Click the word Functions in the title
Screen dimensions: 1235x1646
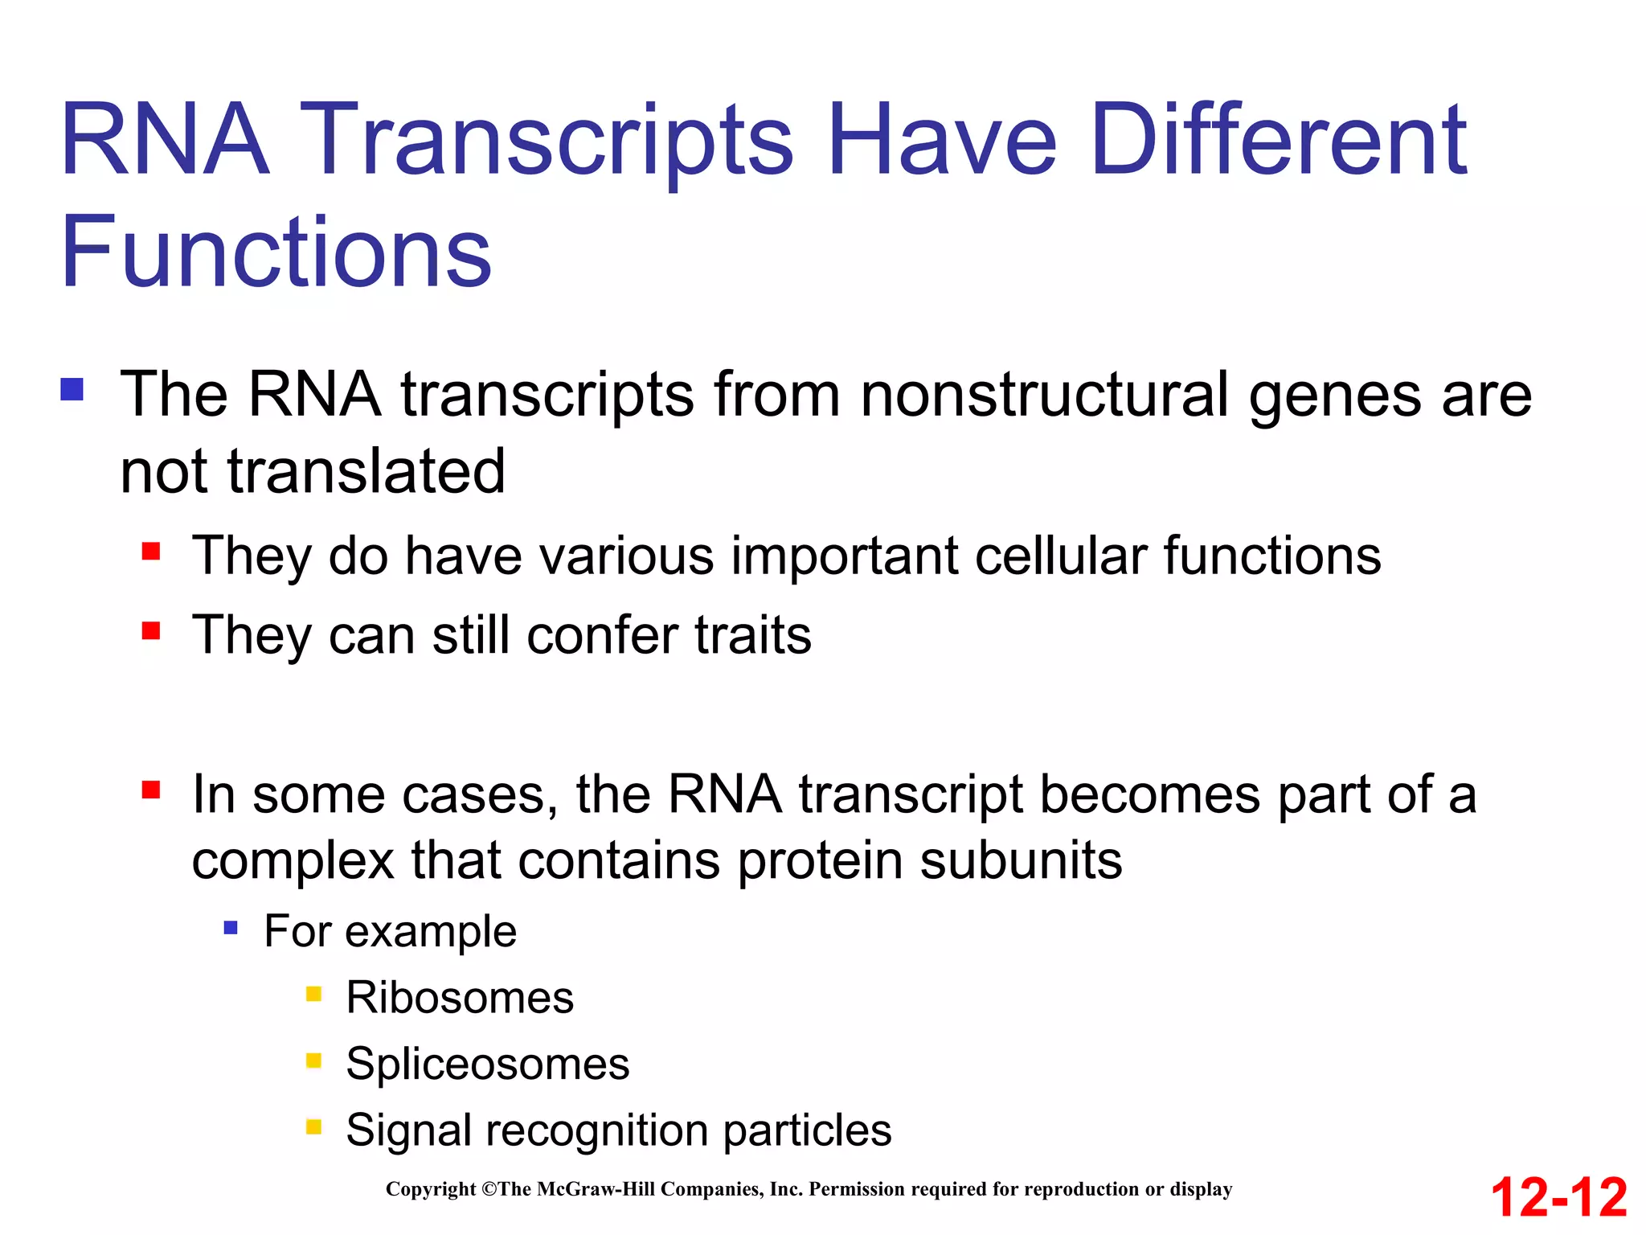point(276,252)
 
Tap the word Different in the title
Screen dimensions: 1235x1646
point(1279,140)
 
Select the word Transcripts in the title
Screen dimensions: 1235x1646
point(551,140)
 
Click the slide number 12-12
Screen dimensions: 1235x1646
point(1558,1197)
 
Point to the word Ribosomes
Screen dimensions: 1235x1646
point(460,998)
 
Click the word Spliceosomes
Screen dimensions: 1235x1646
point(487,1064)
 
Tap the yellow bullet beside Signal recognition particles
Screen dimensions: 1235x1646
point(313,1127)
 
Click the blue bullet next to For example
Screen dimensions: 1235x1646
point(231,929)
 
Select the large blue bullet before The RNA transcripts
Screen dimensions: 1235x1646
point(72,390)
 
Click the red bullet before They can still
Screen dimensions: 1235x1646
point(151,630)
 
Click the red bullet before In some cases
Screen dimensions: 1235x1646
point(151,790)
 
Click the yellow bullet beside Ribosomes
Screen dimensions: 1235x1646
point(313,995)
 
